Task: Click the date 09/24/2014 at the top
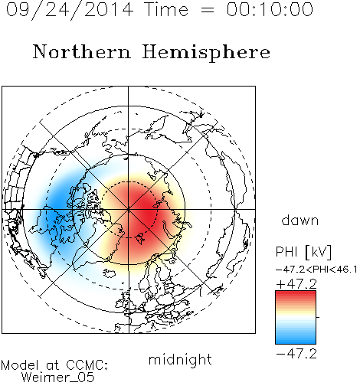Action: (70, 10)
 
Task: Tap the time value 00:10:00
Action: (270, 9)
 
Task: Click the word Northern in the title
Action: (82, 51)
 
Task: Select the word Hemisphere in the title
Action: (206, 53)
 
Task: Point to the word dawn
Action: (300, 220)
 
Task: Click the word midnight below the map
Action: (180, 360)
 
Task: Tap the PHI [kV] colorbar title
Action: (303, 252)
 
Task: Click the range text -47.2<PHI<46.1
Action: (316, 270)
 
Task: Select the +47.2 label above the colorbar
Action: (296, 284)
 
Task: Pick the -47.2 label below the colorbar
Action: (296, 354)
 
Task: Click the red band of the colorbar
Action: (296, 296)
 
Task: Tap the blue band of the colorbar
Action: (296, 338)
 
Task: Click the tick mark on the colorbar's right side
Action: (318, 317)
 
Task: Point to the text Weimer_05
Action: (57, 378)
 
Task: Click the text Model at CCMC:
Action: (54, 365)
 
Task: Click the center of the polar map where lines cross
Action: (129, 210)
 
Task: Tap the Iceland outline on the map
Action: (110, 273)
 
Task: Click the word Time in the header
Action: (166, 9)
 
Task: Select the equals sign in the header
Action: (207, 10)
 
